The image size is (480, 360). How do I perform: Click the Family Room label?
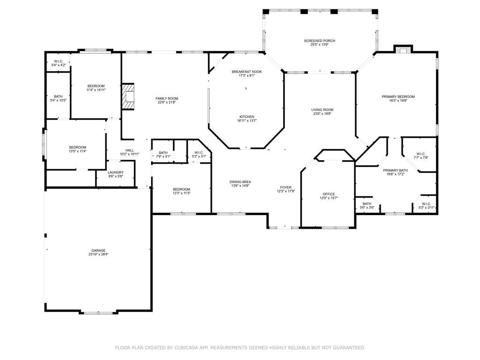pos(167,98)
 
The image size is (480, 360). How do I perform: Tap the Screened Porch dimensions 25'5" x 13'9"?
pos(319,45)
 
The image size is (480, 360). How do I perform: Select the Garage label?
pos(98,250)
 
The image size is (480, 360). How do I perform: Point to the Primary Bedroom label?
pos(398,97)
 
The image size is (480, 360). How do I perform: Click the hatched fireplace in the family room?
pos(128,96)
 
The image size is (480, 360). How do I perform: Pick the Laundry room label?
pos(116,172)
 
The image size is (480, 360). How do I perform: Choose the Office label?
pos(329,194)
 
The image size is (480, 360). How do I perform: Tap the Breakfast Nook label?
pos(247,72)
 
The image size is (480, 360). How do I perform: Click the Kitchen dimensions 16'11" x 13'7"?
pos(247,120)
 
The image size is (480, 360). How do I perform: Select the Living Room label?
pos(322,110)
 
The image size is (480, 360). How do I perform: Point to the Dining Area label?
pos(240,182)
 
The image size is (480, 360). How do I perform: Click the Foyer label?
pos(286,187)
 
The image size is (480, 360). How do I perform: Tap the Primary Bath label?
pos(396,170)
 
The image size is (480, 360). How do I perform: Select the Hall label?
pos(129,150)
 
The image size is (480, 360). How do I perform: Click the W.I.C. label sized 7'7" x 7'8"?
pos(421,154)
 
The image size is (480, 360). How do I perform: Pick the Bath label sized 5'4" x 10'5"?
pos(58,97)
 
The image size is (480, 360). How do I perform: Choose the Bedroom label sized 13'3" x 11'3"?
pos(181,189)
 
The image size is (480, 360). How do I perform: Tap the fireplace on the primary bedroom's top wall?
pos(403,50)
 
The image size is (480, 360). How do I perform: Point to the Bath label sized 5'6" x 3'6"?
pos(367,204)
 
